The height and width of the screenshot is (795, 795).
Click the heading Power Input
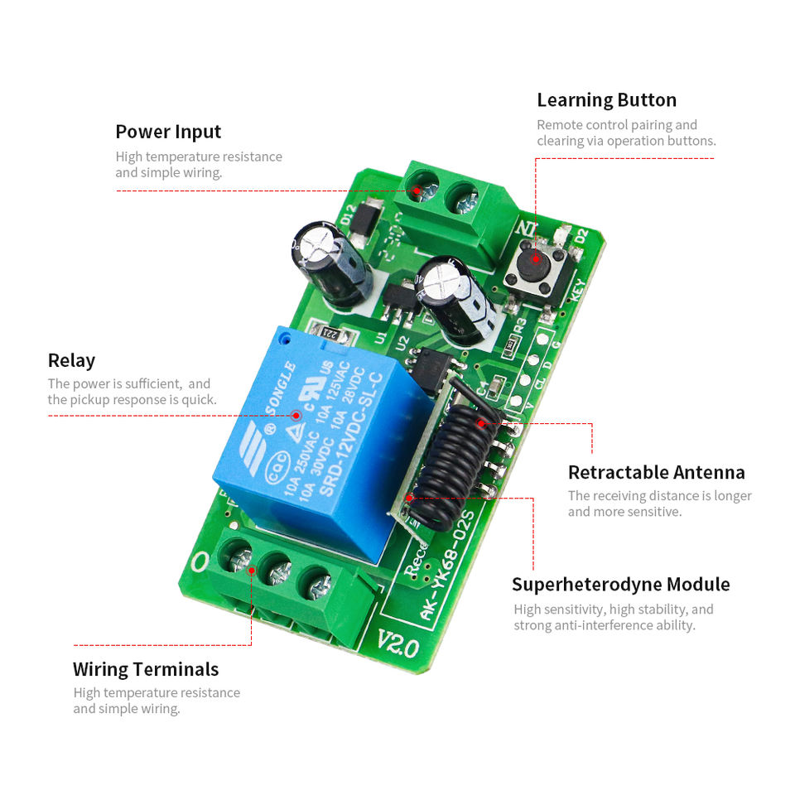coord(168,132)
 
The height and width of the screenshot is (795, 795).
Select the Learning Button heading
coord(606,100)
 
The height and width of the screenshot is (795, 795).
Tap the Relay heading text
coord(71,360)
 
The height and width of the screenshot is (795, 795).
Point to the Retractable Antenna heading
coord(656,472)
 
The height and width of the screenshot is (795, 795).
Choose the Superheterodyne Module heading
coord(620,584)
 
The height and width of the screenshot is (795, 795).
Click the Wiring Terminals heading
coord(146,669)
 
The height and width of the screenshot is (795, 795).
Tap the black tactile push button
coord(532,263)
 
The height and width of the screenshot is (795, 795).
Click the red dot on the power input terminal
coord(417,190)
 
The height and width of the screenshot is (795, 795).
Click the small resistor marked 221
coord(329,334)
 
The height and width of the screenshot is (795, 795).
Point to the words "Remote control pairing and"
coord(617,125)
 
